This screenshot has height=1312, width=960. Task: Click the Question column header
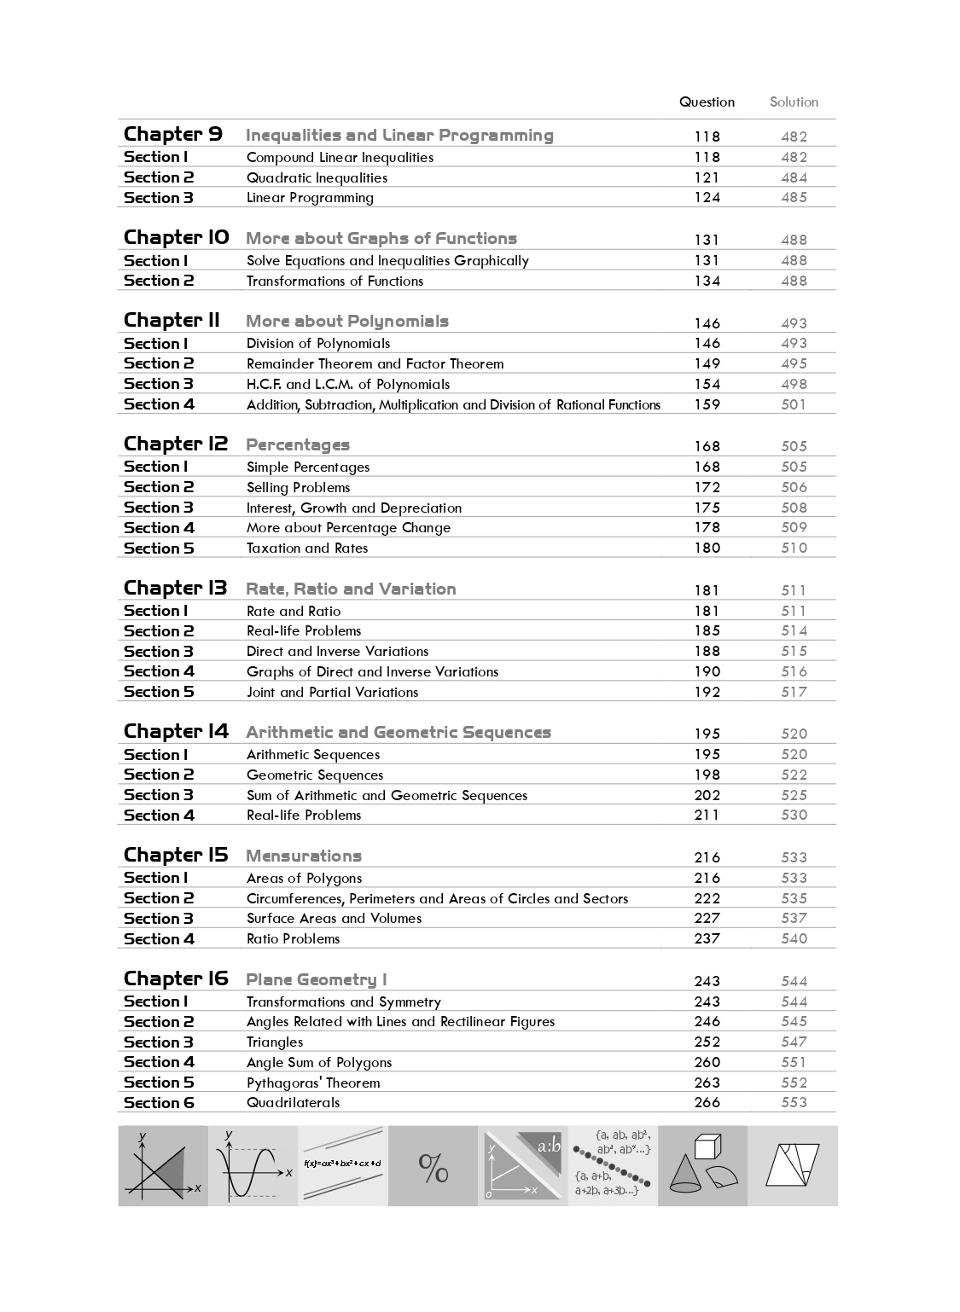(707, 102)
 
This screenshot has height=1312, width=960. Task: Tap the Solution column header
(794, 102)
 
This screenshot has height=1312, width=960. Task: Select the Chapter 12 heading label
(176, 444)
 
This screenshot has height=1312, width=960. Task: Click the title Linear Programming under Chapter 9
(310, 198)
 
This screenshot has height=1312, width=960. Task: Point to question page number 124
(707, 198)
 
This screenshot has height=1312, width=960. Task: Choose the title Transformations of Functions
(335, 282)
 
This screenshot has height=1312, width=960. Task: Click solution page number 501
(794, 404)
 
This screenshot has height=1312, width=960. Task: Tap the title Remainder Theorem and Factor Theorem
(375, 364)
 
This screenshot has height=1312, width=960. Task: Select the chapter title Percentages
(298, 445)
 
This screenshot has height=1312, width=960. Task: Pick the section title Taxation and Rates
(307, 549)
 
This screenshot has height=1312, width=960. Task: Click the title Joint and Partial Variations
(332, 693)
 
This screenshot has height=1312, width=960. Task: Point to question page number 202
(707, 795)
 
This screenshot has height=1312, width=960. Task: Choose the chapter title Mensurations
(304, 856)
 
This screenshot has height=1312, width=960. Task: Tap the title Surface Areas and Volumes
(334, 919)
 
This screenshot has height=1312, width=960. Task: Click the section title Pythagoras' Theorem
(313, 1083)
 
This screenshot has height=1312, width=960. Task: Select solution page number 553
(794, 1103)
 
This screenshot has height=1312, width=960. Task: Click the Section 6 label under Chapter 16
(159, 1103)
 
